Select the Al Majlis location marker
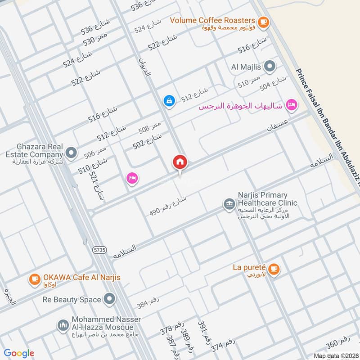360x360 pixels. click(x=270, y=67)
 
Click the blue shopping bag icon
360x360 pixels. click(x=169, y=101)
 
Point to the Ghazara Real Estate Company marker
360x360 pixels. click(x=71, y=153)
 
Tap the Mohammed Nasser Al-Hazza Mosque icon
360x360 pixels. click(x=63, y=325)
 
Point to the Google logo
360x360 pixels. click(x=19, y=353)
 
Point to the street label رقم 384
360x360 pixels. click(x=148, y=305)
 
